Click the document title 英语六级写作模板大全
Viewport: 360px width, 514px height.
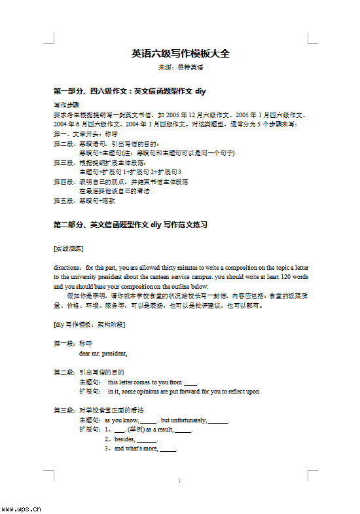click(180, 54)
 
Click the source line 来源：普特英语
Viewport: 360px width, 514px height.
click(180, 67)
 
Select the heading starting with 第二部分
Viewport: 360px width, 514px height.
click(130, 225)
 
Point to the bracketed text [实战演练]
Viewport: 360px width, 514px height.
click(68, 248)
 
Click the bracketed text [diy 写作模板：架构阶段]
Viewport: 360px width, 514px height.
click(89, 325)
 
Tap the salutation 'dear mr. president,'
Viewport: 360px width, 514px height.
click(103, 354)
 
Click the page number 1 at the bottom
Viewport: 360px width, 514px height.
click(179, 481)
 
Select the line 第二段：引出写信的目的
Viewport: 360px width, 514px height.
click(88, 373)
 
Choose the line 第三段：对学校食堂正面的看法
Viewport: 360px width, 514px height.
click(98, 411)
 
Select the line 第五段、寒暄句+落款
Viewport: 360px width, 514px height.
click(80, 201)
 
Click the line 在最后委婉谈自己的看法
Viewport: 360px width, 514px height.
click(114, 191)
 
